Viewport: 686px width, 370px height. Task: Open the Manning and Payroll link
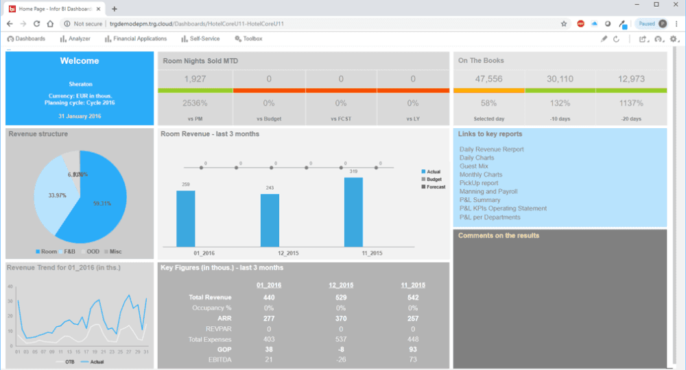pyautogui.click(x=488, y=192)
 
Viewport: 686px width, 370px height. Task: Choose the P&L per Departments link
pyautogui.click(x=490, y=217)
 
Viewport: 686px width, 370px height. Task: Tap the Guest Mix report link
pyautogui.click(x=474, y=166)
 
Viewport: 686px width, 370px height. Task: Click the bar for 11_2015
pyautogui.click(x=353, y=212)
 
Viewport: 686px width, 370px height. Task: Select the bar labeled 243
pyautogui.click(x=270, y=220)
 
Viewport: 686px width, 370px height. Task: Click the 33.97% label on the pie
pyautogui.click(x=57, y=195)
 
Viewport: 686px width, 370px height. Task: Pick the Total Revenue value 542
pyautogui.click(x=413, y=297)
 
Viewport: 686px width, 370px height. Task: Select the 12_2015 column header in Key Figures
pyautogui.click(x=341, y=285)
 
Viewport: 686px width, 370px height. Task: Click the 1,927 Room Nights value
pyautogui.click(x=195, y=79)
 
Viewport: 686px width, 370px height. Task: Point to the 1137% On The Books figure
pyautogui.click(x=630, y=103)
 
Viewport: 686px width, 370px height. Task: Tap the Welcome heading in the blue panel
pyautogui.click(x=80, y=61)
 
